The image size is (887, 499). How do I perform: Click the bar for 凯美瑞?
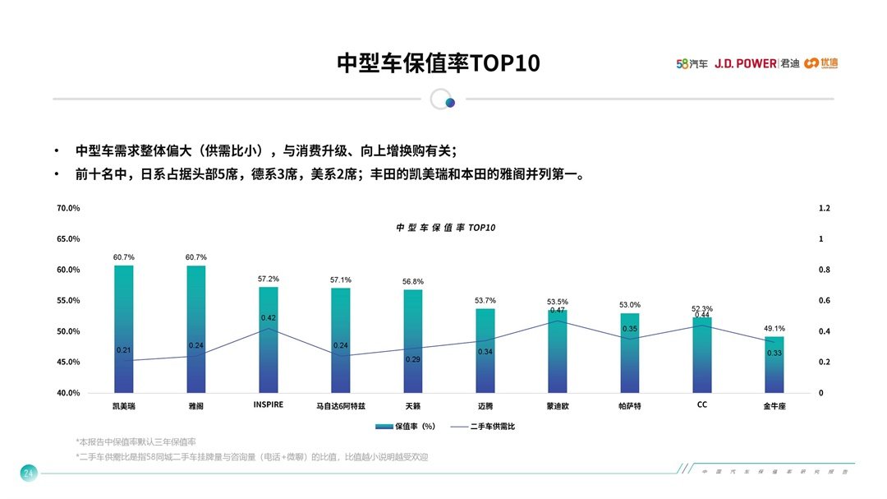pos(124,329)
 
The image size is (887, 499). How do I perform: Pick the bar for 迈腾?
pos(485,350)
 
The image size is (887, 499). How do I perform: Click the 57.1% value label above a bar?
pos(341,280)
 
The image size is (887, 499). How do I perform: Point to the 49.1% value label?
pos(774,328)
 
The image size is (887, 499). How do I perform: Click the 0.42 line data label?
pos(269,318)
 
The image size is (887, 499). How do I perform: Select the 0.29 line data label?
pos(413,360)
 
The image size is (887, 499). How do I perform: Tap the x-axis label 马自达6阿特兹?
pos(341,406)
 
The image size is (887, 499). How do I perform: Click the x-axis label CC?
pos(702,404)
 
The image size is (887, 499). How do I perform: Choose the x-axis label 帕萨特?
pos(630,406)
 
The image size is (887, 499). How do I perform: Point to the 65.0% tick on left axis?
pos(68,239)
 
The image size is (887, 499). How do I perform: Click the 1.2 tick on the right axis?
pos(825,209)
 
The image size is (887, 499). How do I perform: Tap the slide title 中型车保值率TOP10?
pos(439,63)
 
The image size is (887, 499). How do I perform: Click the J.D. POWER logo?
pos(745,63)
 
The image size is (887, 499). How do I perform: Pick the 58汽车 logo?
pos(692,63)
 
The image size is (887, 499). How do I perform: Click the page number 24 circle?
pos(28,473)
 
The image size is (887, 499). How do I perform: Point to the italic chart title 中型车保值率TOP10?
pos(446,228)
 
